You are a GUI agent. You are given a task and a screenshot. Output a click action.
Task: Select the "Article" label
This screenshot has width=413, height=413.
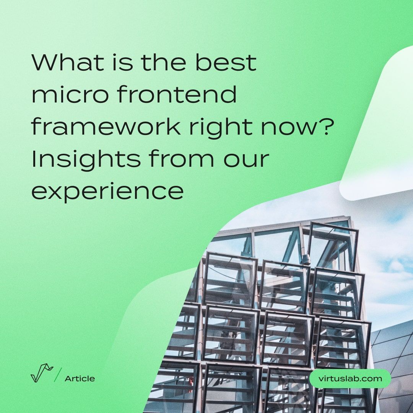tap(80, 379)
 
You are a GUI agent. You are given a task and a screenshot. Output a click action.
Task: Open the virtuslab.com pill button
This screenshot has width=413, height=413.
tap(350, 379)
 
